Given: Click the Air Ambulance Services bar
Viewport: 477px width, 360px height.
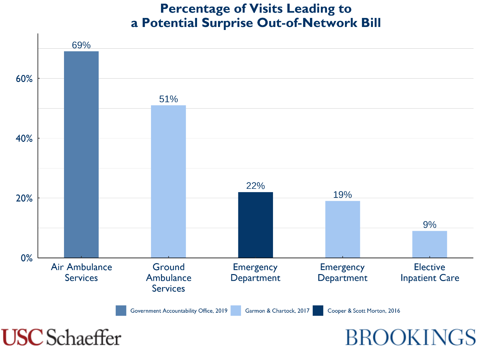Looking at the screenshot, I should [81, 155].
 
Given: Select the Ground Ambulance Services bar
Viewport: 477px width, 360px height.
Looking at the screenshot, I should [168, 181].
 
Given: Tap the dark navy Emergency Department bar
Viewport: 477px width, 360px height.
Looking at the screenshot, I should [255, 225].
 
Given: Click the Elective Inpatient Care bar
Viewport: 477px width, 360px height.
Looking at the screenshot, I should [429, 244].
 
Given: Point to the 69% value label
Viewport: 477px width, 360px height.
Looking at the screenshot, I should [81, 45].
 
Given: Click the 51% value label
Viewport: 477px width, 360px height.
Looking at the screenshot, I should [168, 99].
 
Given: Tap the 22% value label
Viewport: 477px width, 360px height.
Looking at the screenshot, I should [255, 186].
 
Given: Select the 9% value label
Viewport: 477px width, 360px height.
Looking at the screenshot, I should [429, 225].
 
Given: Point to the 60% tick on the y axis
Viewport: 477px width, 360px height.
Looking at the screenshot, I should [24, 79].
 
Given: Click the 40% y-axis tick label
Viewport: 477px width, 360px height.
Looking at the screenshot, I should [24, 139].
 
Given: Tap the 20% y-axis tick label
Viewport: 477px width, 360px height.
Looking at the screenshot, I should [24, 198].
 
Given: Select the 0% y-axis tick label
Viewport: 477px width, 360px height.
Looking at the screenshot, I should [27, 258].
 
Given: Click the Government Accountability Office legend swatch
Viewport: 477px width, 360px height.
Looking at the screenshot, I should [121, 311].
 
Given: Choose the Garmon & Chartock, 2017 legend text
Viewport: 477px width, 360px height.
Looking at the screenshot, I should [277, 311].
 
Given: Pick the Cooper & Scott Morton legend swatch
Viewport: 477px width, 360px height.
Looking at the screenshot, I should [318, 311].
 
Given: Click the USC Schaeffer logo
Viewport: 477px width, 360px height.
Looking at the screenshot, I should [61, 337].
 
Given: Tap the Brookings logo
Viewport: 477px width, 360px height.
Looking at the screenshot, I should [410, 337].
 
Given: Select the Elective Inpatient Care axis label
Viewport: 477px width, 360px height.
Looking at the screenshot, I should [429, 272].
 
